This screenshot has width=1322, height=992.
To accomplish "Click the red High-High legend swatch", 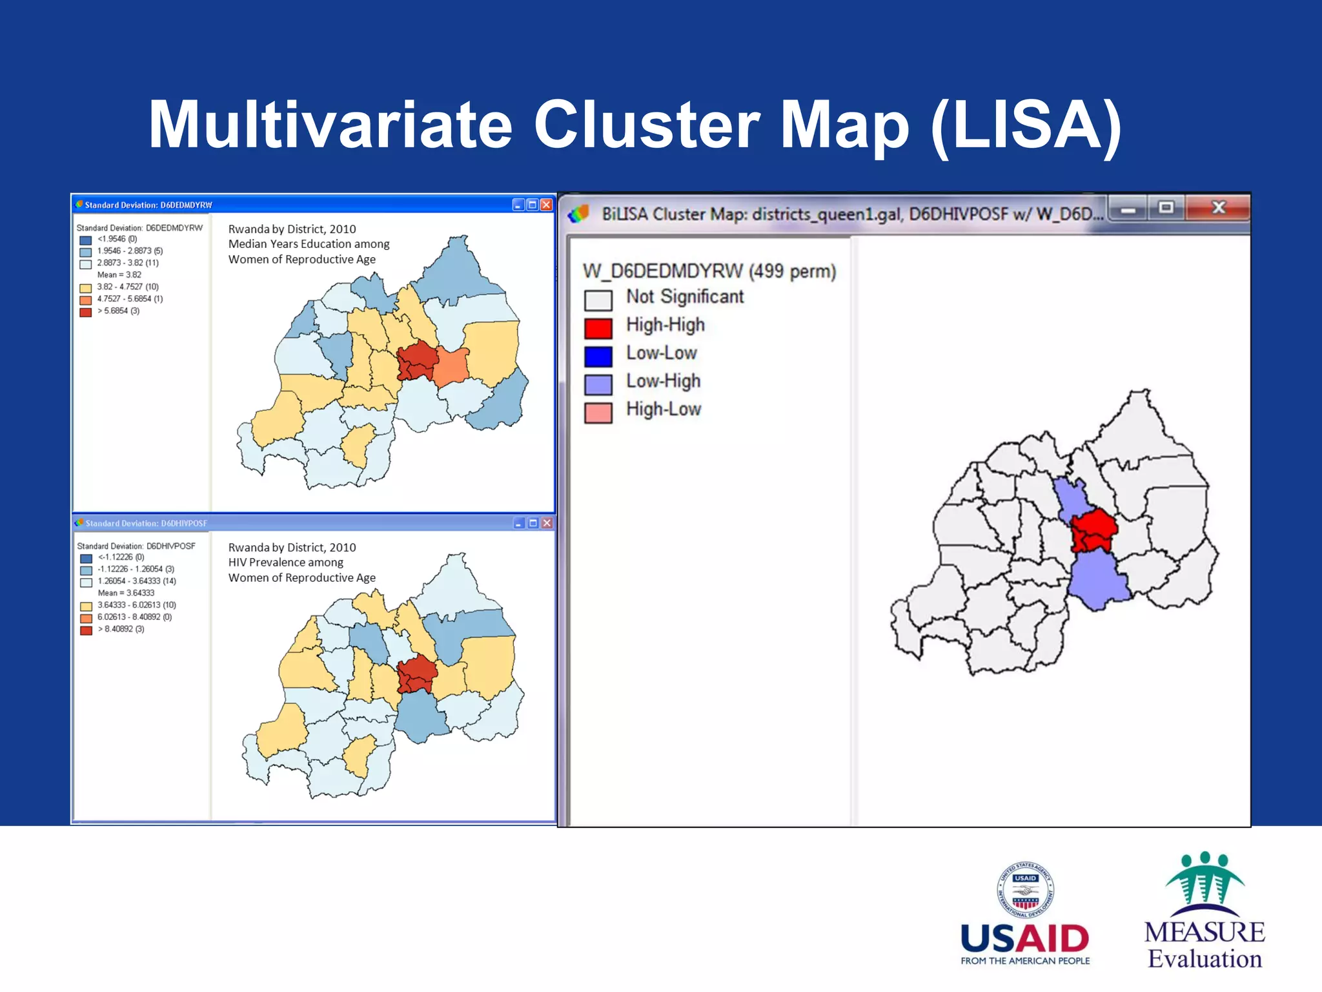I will pyautogui.click(x=598, y=328).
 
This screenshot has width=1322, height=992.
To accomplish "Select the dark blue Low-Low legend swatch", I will pyautogui.click(x=598, y=356).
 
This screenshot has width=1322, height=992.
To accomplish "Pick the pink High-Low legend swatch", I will pyautogui.click(x=598, y=413).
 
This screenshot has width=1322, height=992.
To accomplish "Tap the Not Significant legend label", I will pyautogui.click(x=684, y=297).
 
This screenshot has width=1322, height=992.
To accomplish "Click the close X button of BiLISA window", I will pyautogui.click(x=1217, y=208).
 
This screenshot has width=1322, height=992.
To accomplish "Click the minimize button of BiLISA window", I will pyautogui.click(x=1128, y=209).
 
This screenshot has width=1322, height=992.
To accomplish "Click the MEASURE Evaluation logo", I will pyautogui.click(x=1205, y=911).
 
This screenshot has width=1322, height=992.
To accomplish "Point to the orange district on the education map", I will pyautogui.click(x=451, y=366).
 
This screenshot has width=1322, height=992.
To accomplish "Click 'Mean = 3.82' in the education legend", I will pyautogui.click(x=119, y=274).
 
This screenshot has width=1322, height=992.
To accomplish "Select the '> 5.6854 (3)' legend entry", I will pyautogui.click(x=117, y=311).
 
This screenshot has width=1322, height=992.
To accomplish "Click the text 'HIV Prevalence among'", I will pyautogui.click(x=285, y=563).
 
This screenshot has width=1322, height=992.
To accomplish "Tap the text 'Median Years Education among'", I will pyautogui.click(x=309, y=244).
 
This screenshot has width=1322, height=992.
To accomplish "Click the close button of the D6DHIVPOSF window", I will pyautogui.click(x=547, y=523).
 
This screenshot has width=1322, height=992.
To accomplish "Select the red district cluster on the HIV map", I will pyautogui.click(x=416, y=675).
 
